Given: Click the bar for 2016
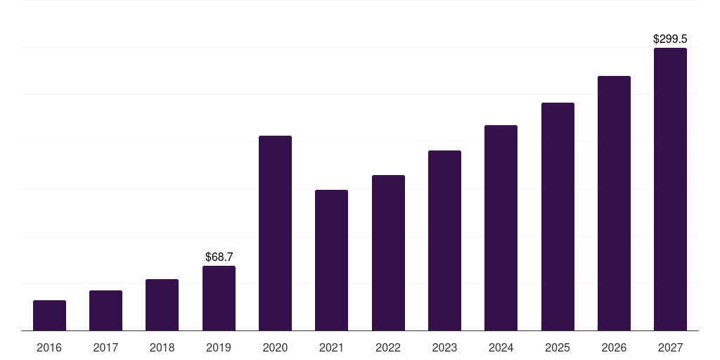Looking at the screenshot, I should [x=49, y=316].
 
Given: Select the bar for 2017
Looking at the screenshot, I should [x=105, y=311].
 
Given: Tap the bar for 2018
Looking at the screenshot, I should [x=162, y=305].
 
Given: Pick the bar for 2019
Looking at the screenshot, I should [x=219, y=298].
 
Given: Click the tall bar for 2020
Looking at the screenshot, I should [x=275, y=233].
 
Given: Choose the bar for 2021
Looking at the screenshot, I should [x=331, y=260].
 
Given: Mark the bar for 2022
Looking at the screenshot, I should [x=388, y=253].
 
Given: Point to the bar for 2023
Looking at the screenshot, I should [x=444, y=240].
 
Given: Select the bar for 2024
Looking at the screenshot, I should [x=501, y=228].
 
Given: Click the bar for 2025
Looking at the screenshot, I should [x=558, y=217].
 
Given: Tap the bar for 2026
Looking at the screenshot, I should [x=614, y=203].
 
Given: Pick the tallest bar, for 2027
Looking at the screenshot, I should [x=670, y=189].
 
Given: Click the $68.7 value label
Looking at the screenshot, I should [x=219, y=257].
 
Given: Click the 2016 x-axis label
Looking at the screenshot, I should [x=49, y=347].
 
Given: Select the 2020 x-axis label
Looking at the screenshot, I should [x=275, y=347].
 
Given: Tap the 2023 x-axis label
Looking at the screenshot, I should [x=444, y=347].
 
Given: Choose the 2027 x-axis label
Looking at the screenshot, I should [x=670, y=347].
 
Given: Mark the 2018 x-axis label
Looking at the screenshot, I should [x=162, y=347].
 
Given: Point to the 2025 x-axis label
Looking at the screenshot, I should [x=558, y=347].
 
